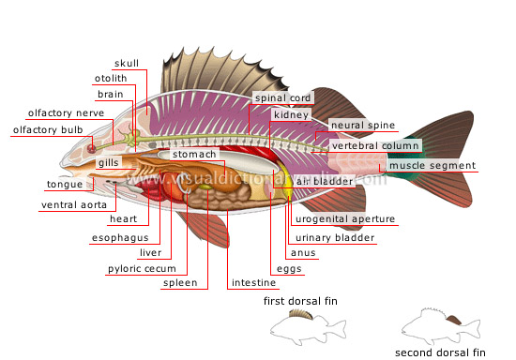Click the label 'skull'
[x=127, y=63]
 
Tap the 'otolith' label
[x=111, y=78]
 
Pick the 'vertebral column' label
[x=374, y=145]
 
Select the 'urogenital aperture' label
[x=344, y=219]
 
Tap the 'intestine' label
[x=253, y=282]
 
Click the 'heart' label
[x=124, y=218]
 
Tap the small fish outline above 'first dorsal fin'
[x=301, y=323]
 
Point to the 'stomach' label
[x=194, y=154]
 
